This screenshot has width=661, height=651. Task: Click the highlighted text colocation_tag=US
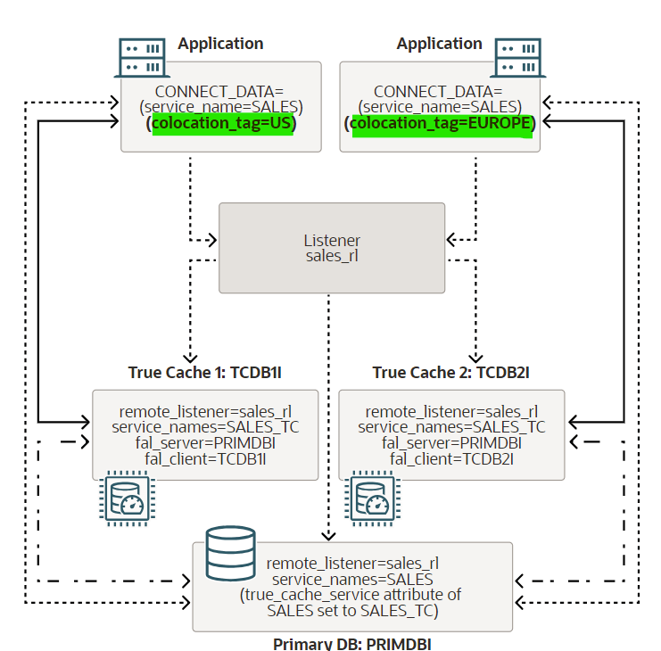tap(222, 125)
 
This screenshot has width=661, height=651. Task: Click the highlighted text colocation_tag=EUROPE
tap(442, 125)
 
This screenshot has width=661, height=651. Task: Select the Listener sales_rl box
tap(332, 248)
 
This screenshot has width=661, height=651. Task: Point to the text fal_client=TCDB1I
tap(205, 459)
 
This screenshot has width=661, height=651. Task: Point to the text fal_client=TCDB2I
tap(451, 459)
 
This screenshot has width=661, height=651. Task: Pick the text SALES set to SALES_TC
tap(352, 611)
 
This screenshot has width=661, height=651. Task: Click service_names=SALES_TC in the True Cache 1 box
tap(205, 428)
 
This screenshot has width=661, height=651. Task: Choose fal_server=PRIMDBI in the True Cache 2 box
tap(451, 443)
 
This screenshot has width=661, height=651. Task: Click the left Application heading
tap(220, 44)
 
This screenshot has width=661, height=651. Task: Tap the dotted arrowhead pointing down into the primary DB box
tap(329, 537)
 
